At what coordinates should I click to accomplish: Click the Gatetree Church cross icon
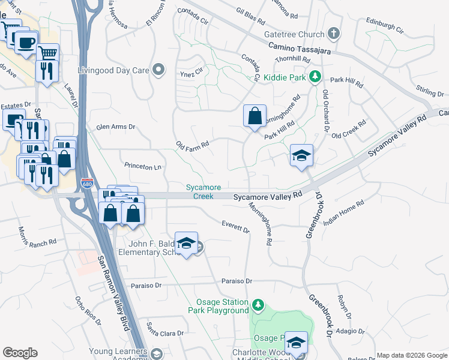(x=334, y=34)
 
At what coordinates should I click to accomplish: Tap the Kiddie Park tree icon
(x=314, y=77)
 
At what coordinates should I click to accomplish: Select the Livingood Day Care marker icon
(x=158, y=70)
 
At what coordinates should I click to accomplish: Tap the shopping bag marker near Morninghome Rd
(x=255, y=115)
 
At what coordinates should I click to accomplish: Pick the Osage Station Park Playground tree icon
(x=258, y=305)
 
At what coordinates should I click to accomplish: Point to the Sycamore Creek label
(x=199, y=191)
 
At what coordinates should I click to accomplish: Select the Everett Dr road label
(x=235, y=227)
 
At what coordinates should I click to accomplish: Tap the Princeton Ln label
(x=144, y=165)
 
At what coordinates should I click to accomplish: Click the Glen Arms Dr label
(x=116, y=127)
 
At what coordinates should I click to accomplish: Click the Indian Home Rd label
(x=344, y=213)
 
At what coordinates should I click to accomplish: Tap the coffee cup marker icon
(x=26, y=43)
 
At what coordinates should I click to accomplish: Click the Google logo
(x=20, y=353)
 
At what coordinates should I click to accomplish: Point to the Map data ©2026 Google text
(x=411, y=355)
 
